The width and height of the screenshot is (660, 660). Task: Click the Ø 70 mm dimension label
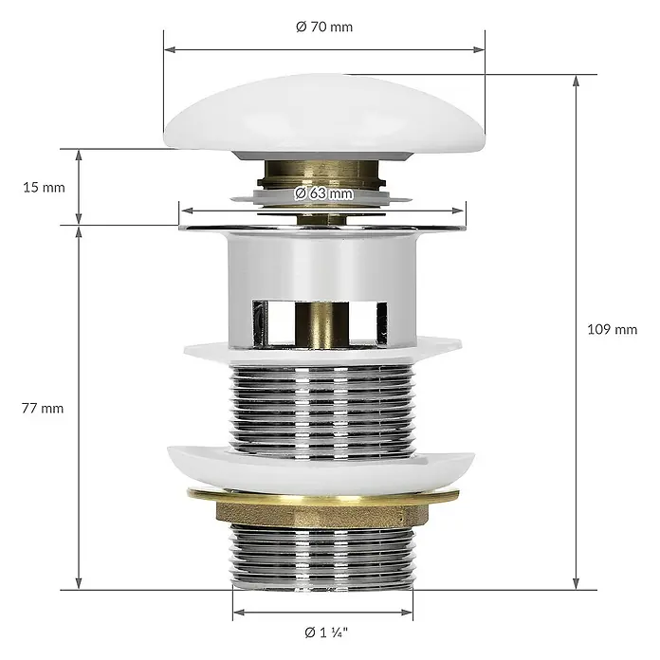324,27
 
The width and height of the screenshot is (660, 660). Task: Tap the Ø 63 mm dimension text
323,193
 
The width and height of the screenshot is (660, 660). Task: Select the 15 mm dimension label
44,188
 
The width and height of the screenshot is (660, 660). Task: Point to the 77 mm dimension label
43,409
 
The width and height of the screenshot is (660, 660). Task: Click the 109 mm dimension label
612,329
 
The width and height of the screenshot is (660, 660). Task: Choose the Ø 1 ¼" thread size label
326,632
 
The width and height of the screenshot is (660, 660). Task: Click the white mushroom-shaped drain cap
324,115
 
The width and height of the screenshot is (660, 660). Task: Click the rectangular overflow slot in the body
320,322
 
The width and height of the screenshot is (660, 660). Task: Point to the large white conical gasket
321,470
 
